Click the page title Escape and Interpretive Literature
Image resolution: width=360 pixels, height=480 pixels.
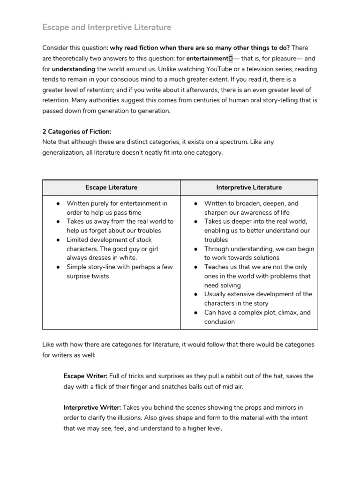pos(107,27)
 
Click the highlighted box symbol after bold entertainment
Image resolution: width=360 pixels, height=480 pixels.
pos(231,59)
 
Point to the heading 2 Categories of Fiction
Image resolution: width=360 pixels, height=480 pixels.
pos(77,132)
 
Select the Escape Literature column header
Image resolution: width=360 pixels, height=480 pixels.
pos(112,187)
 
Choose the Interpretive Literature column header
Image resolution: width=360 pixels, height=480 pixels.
pos(249,187)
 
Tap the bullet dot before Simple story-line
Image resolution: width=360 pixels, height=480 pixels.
pos(57,267)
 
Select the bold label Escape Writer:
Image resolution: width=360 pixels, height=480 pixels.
pos(85,376)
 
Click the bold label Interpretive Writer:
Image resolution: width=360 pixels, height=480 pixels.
pos(92,408)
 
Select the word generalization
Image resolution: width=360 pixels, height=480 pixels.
pos(64,153)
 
